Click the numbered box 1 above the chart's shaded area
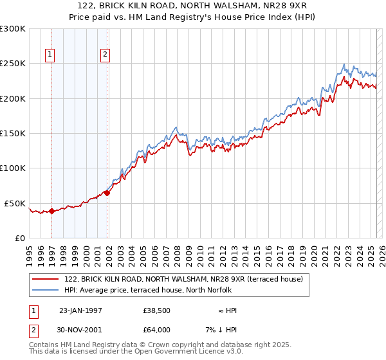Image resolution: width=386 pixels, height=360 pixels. point(50,55)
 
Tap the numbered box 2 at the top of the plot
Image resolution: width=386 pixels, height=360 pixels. point(105,55)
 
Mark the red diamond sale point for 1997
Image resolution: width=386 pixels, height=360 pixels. point(51,211)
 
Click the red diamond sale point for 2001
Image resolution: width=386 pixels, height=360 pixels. point(107,193)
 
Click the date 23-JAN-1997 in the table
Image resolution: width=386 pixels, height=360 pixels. point(80,310)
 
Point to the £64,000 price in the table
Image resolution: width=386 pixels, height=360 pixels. point(157,330)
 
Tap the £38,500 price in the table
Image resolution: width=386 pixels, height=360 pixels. point(157,310)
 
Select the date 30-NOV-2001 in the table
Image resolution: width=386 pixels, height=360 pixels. point(80,330)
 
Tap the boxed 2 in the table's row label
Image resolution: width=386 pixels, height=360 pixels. point(33,330)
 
